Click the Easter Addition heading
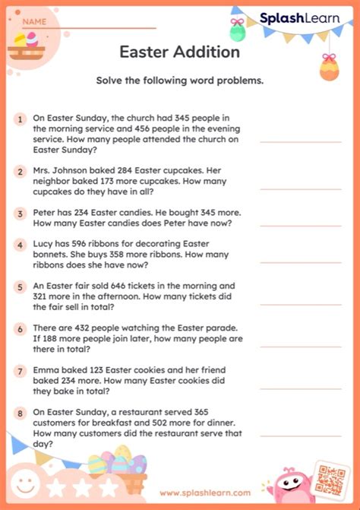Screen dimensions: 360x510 tap(179, 52)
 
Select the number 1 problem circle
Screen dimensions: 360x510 tap(20, 119)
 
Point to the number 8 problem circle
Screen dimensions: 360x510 tap(20, 412)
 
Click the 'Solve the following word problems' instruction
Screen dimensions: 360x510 tap(179, 81)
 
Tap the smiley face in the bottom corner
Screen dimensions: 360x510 tap(26, 484)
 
